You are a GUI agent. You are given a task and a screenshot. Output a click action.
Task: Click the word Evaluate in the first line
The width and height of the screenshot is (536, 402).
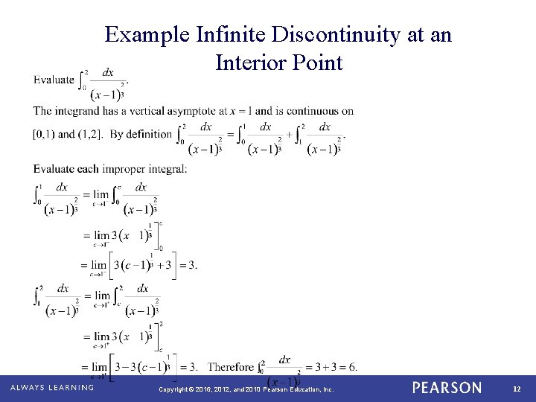coord(54,80)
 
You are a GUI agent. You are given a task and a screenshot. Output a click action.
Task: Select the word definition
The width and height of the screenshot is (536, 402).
coord(148,134)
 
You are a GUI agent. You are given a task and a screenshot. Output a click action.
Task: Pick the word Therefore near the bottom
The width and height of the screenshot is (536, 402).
coord(231,366)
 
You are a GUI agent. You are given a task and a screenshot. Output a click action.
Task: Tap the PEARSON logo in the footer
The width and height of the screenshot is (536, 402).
coord(447,388)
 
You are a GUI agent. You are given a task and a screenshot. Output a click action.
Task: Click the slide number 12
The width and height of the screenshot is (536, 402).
coord(517,389)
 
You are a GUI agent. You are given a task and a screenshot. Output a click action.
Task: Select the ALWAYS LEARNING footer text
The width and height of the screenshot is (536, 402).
coord(52,388)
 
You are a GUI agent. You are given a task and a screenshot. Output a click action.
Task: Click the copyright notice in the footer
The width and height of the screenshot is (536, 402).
coord(246,389)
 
